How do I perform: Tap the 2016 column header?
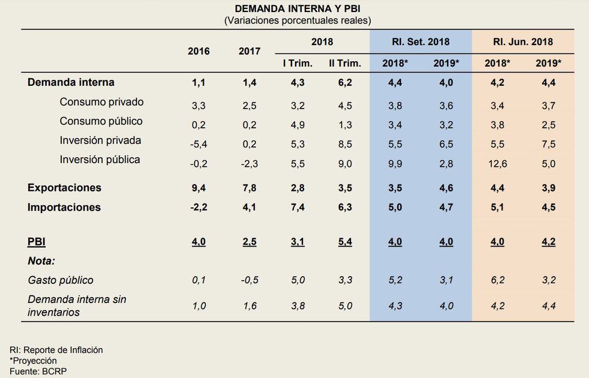(x=198, y=51)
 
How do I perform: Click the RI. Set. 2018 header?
(x=421, y=42)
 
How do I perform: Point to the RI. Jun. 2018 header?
(x=523, y=42)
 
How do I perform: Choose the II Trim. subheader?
(x=344, y=63)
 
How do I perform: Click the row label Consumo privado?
(x=102, y=102)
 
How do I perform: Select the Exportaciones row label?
(x=64, y=188)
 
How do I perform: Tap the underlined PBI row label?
(x=37, y=242)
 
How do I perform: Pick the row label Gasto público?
(x=61, y=280)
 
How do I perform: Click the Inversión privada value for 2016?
(x=198, y=144)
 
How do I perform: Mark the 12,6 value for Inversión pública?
(x=497, y=164)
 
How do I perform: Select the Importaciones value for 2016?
(x=198, y=208)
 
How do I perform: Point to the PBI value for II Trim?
(x=344, y=242)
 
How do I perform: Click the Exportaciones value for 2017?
(x=250, y=188)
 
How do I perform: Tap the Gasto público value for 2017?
(x=250, y=280)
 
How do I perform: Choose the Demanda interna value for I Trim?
(x=298, y=83)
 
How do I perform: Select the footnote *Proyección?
(x=33, y=361)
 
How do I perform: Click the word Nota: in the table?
(x=41, y=261)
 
